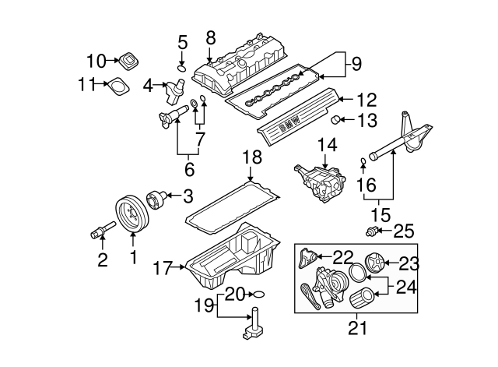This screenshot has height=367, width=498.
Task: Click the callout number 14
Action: click(328, 146)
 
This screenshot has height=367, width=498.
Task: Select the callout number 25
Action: click(404, 231)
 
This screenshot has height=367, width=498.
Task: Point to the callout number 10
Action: click(95, 60)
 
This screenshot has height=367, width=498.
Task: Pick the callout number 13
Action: click(366, 120)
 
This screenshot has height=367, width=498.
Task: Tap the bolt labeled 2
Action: click(100, 230)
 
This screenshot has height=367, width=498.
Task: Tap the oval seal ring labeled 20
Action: click(260, 295)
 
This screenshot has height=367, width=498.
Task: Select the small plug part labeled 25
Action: click(374, 230)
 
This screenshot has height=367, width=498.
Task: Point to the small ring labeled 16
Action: click(363, 162)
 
